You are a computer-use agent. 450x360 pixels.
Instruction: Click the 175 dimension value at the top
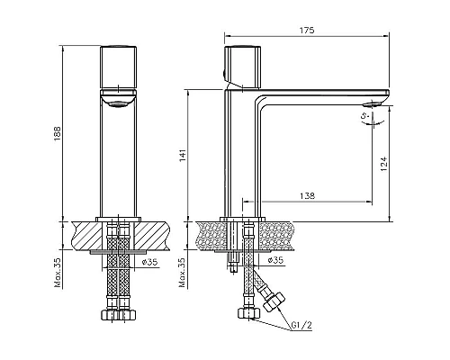(307, 31)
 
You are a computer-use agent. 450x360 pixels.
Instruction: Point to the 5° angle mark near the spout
(364, 115)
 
